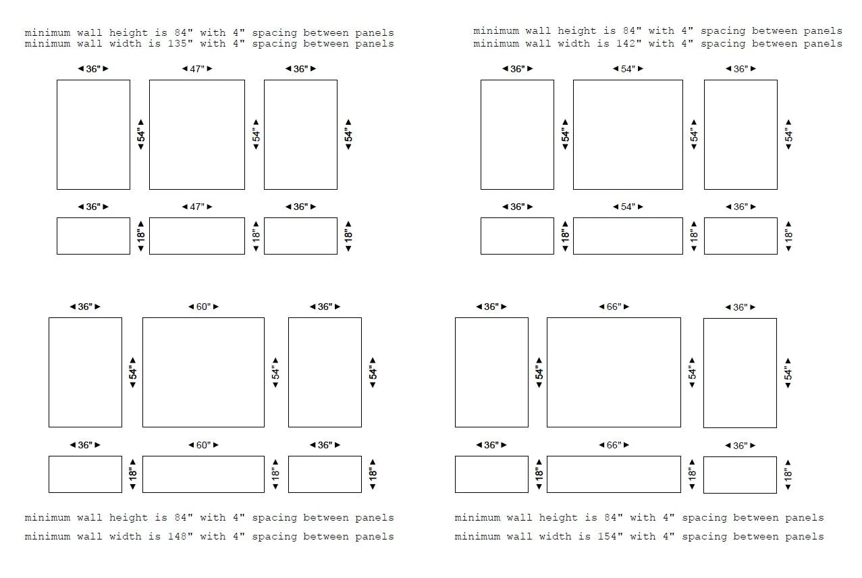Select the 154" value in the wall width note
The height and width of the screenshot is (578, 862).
point(610,536)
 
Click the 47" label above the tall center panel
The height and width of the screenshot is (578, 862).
point(197,69)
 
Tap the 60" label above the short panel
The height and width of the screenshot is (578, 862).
point(204,445)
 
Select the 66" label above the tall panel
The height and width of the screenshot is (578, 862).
point(614,307)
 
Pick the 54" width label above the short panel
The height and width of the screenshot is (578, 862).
point(628,207)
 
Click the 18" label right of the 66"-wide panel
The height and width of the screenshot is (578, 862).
point(693,474)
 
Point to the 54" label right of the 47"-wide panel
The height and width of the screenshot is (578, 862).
point(257,134)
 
